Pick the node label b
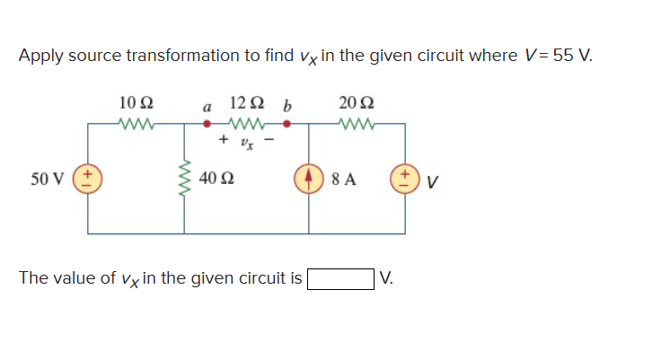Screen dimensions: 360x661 click(286, 105)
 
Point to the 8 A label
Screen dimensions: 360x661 click(344, 178)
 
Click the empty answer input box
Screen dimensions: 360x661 click(341, 278)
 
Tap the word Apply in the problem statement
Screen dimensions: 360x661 click(40, 56)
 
